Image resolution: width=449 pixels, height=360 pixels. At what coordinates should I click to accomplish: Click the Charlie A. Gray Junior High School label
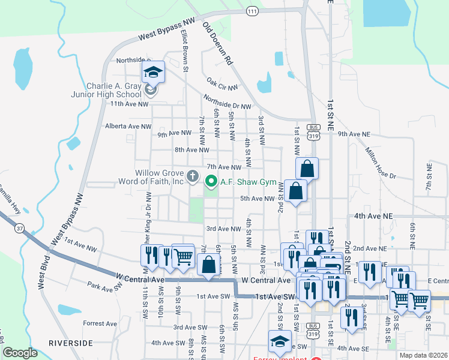[113, 90]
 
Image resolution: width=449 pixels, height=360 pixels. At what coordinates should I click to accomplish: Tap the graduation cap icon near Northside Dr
[153, 73]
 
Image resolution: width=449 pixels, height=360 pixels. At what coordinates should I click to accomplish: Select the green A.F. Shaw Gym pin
[211, 180]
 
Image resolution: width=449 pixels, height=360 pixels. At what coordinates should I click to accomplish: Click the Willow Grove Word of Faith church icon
[192, 176]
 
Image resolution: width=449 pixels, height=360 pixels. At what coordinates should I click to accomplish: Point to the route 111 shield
[252, 11]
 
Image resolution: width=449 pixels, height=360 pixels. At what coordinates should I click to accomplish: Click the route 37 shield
[20, 228]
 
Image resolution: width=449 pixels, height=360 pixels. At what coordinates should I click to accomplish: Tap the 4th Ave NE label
[373, 215]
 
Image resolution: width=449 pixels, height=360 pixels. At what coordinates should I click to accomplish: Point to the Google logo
[20, 353]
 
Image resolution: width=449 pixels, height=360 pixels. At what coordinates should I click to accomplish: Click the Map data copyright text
[423, 355]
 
